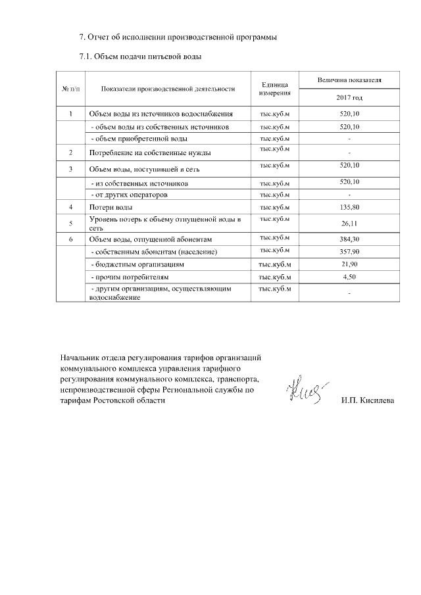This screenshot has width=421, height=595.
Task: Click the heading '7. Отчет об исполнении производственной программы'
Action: click(x=178, y=36)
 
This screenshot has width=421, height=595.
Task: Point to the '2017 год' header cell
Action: click(x=349, y=97)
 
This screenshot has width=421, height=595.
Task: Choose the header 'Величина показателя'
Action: click(x=349, y=80)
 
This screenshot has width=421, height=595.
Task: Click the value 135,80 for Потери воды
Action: click(x=349, y=208)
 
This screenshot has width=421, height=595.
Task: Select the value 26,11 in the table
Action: click(x=349, y=223)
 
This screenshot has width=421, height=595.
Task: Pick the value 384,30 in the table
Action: click(x=349, y=239)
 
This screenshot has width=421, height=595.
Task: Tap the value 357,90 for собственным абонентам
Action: click(x=349, y=252)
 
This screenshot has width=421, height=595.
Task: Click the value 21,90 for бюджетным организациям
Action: click(x=349, y=264)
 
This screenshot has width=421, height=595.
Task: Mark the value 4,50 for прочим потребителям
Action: click(x=349, y=277)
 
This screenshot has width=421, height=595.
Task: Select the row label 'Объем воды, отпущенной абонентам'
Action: click(x=151, y=239)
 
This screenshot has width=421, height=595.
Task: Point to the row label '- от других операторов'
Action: click(x=129, y=195)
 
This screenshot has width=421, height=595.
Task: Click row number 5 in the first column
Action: click(x=70, y=223)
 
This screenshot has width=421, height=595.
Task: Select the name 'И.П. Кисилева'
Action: click(x=368, y=400)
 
